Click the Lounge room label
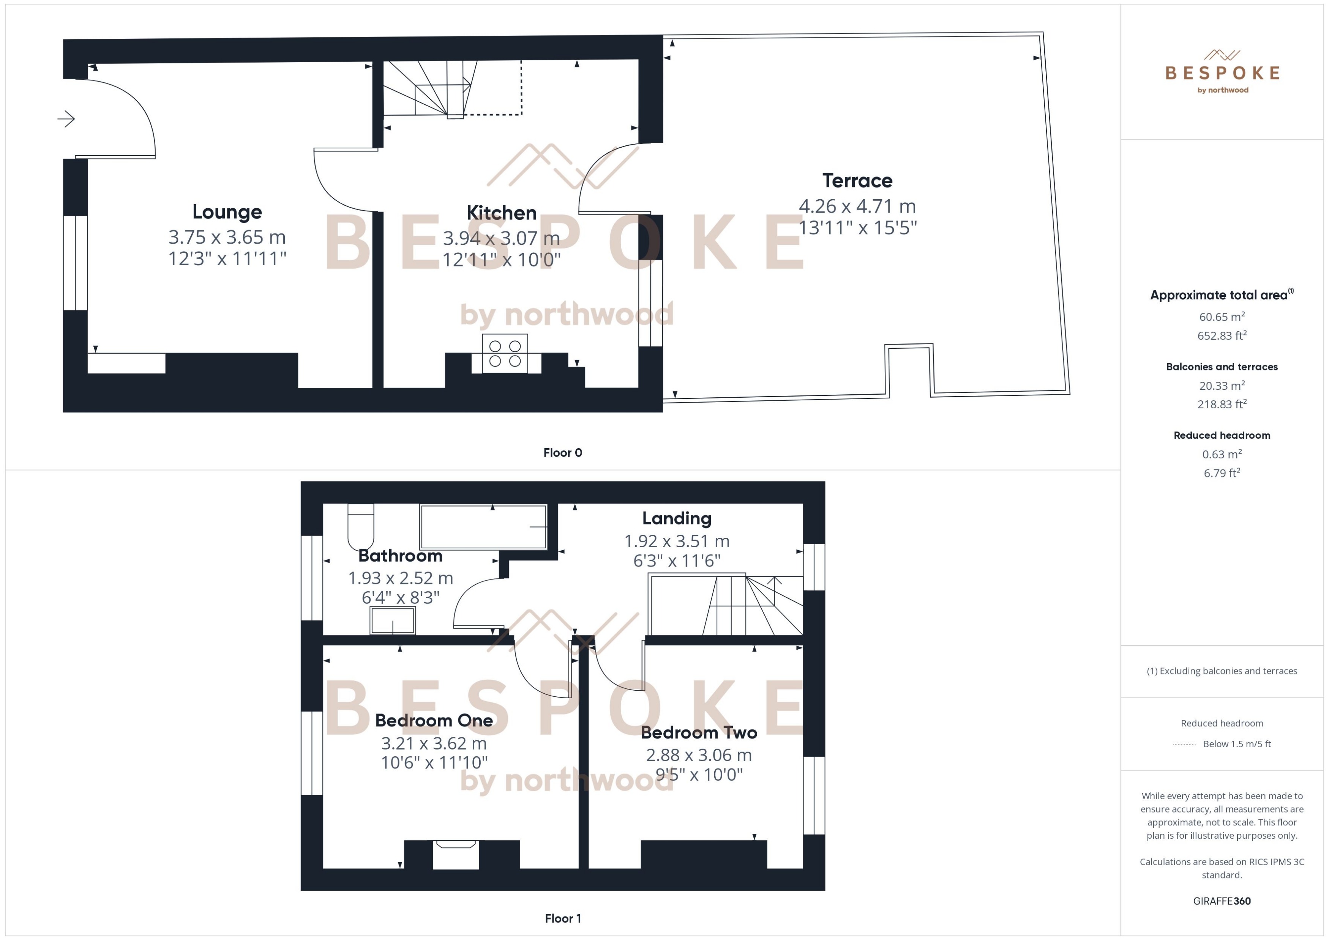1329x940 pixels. click(227, 212)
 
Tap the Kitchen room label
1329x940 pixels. click(502, 213)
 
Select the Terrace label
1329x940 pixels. click(857, 181)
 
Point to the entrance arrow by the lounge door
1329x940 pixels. click(66, 119)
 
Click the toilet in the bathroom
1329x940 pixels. click(360, 527)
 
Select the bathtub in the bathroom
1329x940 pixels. click(483, 527)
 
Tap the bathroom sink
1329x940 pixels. click(393, 622)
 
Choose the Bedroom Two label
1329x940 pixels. click(699, 733)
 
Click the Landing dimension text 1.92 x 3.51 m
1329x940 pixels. click(676, 541)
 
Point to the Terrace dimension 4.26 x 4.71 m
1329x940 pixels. click(857, 206)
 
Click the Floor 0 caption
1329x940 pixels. click(562, 453)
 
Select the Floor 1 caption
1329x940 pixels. click(562, 919)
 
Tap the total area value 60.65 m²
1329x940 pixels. click(1221, 316)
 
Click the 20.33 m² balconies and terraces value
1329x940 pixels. click(1221, 386)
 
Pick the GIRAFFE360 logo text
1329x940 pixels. click(1221, 901)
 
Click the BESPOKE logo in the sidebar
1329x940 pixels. click(1222, 73)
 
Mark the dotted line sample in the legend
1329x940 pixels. click(1184, 744)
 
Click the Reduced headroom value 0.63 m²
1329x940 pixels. click(1221, 454)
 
